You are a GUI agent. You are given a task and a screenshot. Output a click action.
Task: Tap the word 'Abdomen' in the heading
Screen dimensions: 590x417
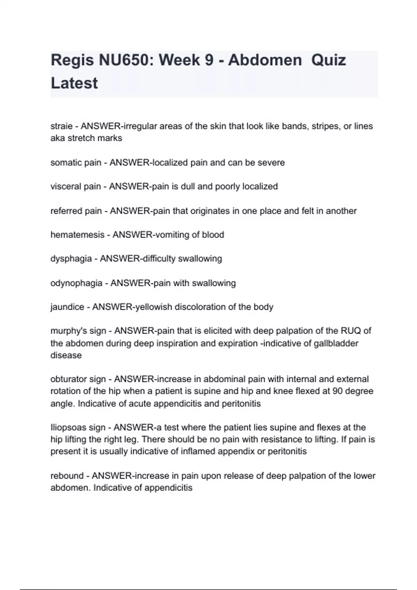265,60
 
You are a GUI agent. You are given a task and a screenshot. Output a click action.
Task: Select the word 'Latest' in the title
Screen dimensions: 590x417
74,83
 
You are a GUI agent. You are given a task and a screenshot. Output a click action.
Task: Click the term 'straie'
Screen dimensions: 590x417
62,126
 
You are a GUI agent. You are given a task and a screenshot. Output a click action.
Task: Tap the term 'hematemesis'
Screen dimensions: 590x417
77,235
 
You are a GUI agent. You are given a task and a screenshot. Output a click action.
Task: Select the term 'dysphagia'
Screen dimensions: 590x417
71,259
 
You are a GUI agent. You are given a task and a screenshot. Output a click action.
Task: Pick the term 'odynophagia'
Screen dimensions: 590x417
76,283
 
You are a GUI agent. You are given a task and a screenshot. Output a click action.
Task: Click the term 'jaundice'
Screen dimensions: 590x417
67,307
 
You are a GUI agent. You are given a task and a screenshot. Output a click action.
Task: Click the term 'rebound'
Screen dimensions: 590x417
67,475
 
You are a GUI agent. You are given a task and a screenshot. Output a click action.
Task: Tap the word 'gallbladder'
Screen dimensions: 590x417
336,343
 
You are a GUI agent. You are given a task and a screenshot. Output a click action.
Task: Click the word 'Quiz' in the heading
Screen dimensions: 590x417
329,60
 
